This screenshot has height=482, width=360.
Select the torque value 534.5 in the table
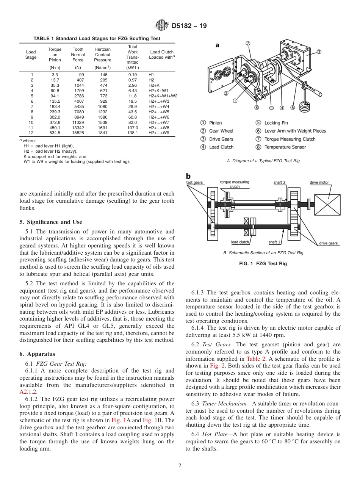[x=55, y=133]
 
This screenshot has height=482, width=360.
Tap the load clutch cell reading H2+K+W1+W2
[x=163, y=96]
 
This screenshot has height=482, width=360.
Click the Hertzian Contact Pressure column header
[x=102, y=55]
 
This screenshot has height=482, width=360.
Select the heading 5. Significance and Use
[x=51, y=222]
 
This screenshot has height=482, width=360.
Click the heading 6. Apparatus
[x=37, y=354]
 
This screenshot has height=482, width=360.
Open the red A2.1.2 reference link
[x=28, y=392]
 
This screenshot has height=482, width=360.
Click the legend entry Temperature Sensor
[x=285, y=147]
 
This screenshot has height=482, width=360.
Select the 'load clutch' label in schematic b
[x=240, y=242]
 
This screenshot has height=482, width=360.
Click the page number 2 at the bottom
[x=180, y=466]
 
